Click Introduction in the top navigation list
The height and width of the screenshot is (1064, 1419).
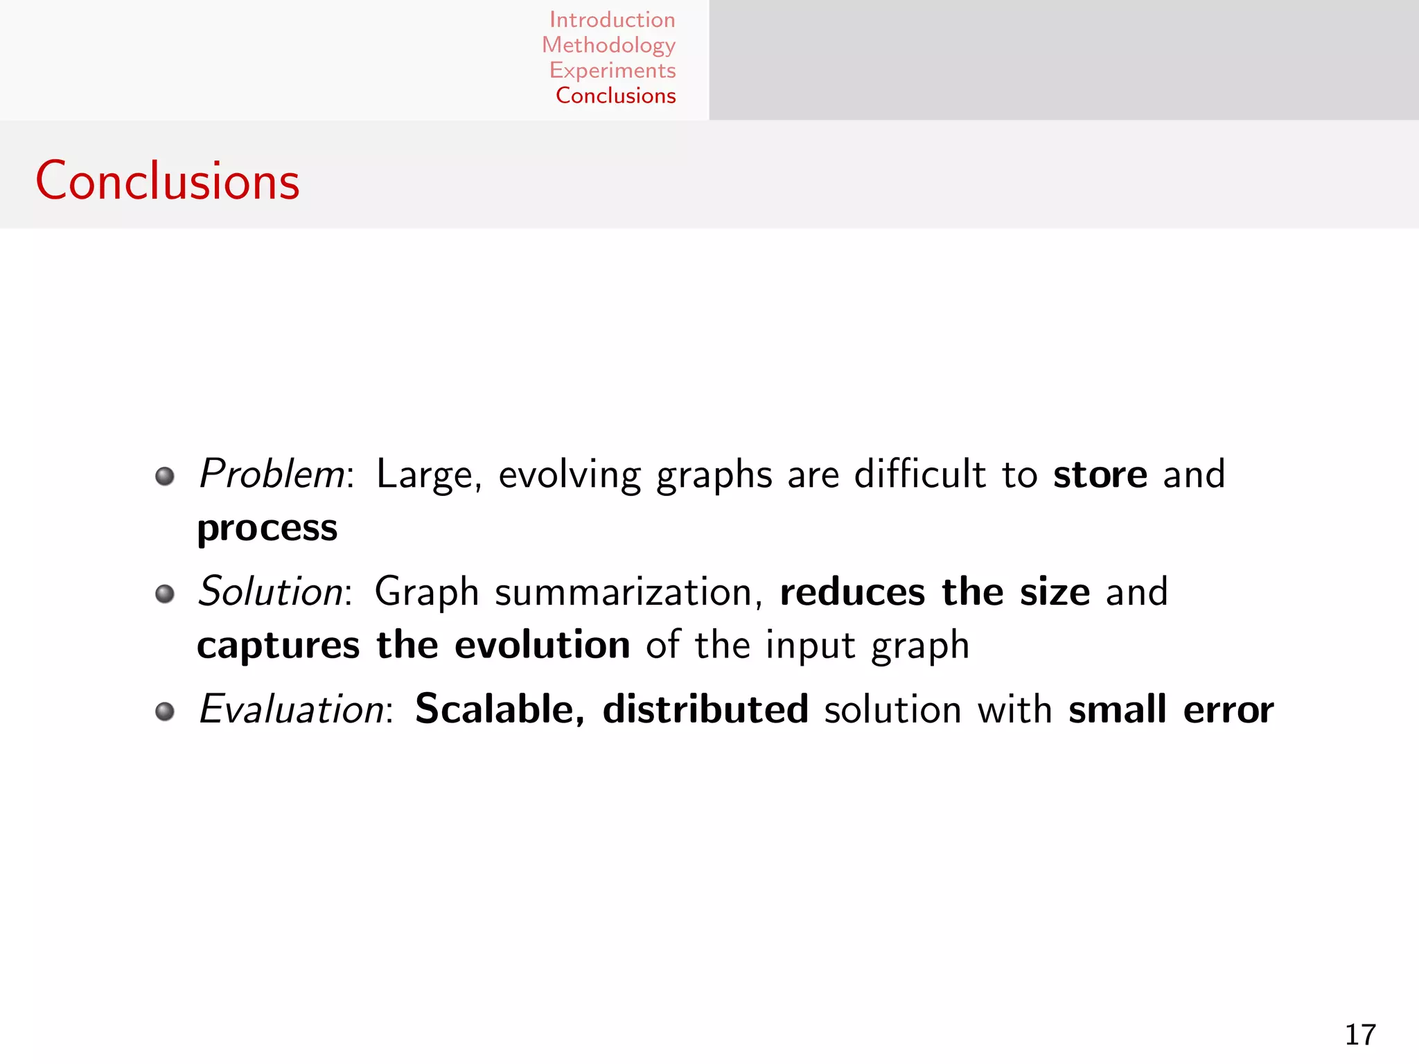point(612,19)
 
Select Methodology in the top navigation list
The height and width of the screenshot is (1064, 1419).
point(608,45)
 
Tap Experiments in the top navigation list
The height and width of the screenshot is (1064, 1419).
point(612,70)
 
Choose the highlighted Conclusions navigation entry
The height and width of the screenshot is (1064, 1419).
point(615,96)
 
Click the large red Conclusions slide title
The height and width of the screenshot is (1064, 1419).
point(168,181)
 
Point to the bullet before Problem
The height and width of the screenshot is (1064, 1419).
point(165,477)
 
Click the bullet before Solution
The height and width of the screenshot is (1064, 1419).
point(165,594)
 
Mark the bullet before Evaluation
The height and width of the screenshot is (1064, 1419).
point(165,711)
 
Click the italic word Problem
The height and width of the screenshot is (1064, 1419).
point(272,475)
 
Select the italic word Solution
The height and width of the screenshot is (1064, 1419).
point(271,592)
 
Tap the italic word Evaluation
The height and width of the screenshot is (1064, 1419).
point(292,709)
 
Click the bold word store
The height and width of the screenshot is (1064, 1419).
point(1100,475)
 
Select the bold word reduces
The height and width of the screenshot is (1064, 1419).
point(852,592)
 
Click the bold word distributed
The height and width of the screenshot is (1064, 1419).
point(705,709)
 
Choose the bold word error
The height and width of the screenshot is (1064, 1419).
point(1228,710)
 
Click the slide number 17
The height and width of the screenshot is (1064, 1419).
point(1360,1035)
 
